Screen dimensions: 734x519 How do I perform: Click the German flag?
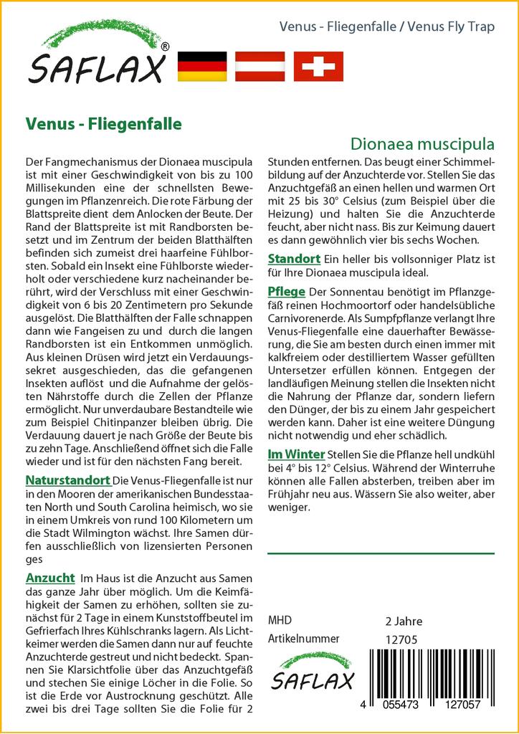coord(201,66)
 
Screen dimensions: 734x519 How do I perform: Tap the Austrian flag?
coord(261,66)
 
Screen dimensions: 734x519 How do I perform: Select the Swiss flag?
coord(318,66)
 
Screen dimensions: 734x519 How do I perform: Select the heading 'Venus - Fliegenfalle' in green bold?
coord(103,123)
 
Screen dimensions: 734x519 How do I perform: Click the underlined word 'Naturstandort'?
coord(67,480)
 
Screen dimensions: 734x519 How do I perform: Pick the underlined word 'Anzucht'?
coord(50,578)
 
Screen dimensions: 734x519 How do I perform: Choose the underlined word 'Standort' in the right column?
coord(293,259)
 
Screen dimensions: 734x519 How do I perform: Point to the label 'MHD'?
coord(280,621)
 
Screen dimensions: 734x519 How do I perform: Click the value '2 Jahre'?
coord(404,621)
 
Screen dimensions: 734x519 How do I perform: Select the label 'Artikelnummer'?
coord(303,639)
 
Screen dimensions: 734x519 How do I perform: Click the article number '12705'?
coord(401,639)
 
